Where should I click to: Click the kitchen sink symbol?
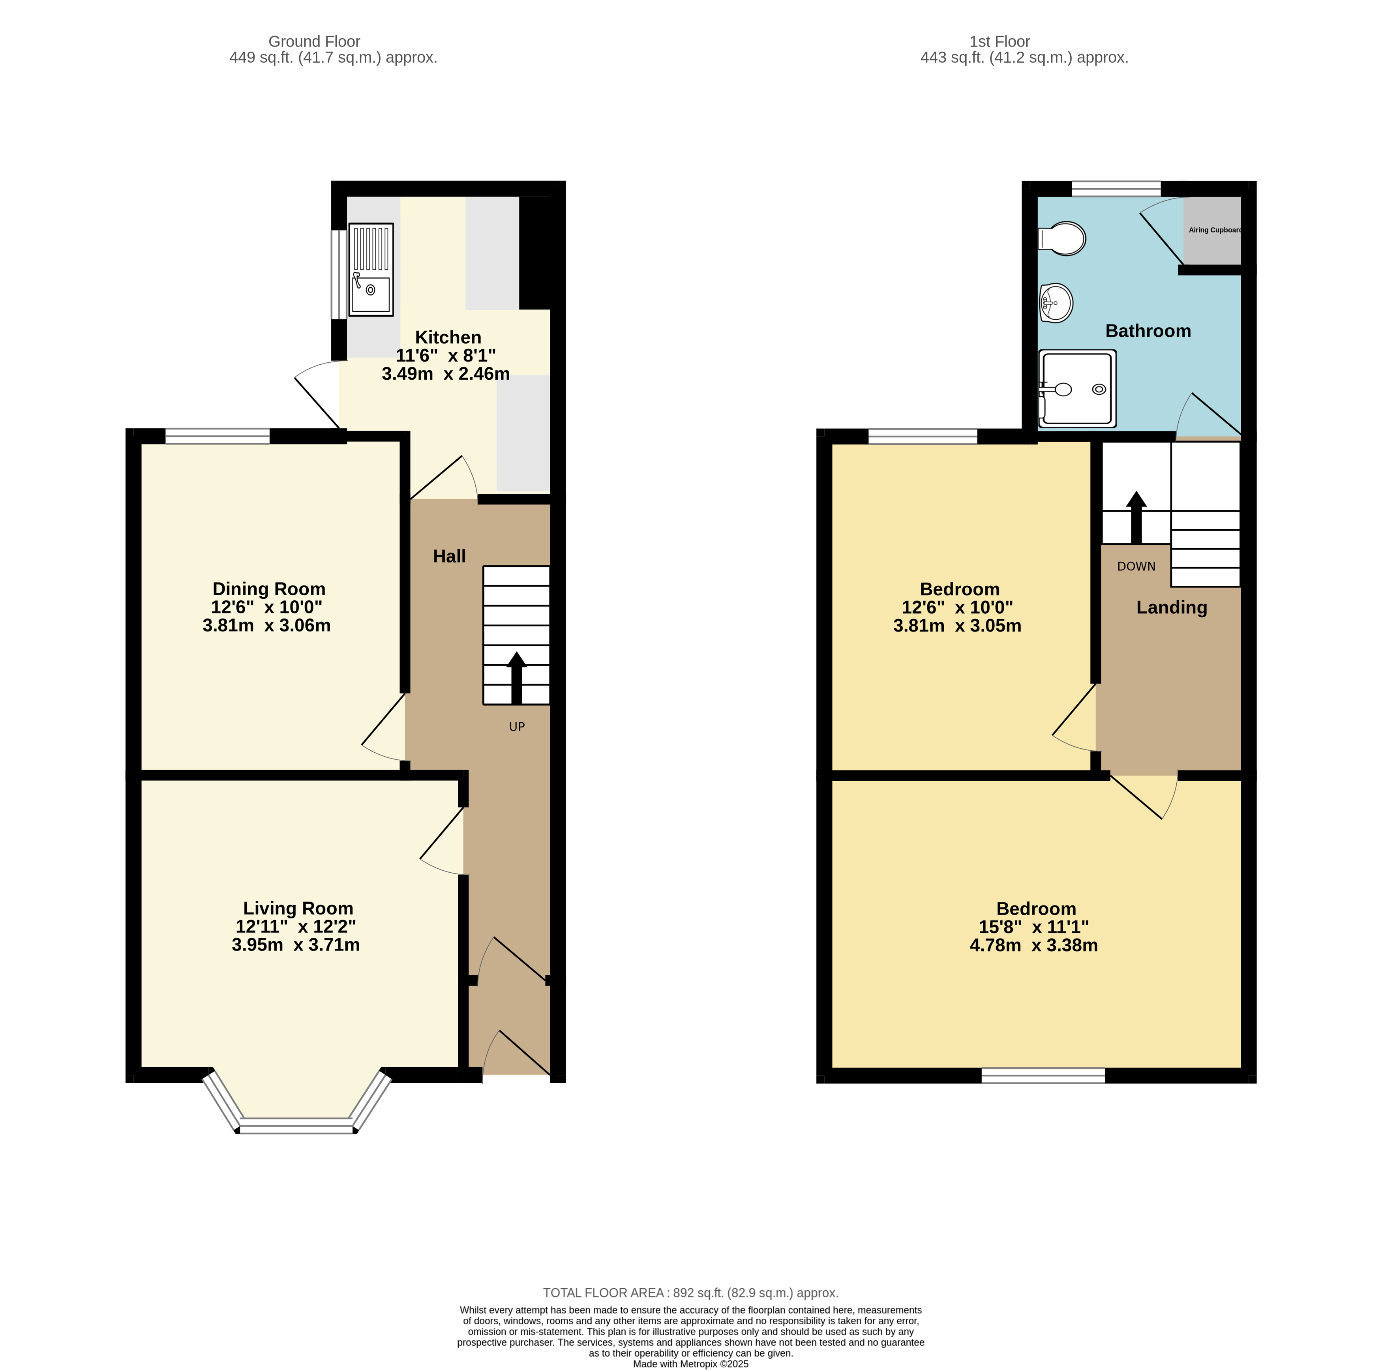[371, 269]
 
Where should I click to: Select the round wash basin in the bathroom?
[1056, 303]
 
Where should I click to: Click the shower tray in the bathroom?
[1077, 388]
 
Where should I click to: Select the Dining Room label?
[269, 589]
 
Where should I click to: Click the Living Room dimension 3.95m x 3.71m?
[295, 945]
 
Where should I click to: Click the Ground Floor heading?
[314, 41]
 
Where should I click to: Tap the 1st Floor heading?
[999, 41]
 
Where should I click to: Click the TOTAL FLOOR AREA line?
[690, 1293]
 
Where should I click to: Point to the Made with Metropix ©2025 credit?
[690, 1364]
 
